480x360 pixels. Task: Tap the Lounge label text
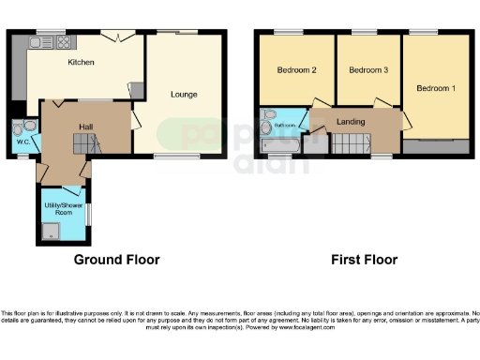point(183,94)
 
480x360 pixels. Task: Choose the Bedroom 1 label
point(436,88)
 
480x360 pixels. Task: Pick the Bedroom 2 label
point(296,70)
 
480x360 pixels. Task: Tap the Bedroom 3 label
point(368,70)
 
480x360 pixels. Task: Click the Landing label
point(351,120)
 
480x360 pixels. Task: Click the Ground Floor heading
point(117,260)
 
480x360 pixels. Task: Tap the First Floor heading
point(365,260)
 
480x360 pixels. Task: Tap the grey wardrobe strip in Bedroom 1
point(436,147)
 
